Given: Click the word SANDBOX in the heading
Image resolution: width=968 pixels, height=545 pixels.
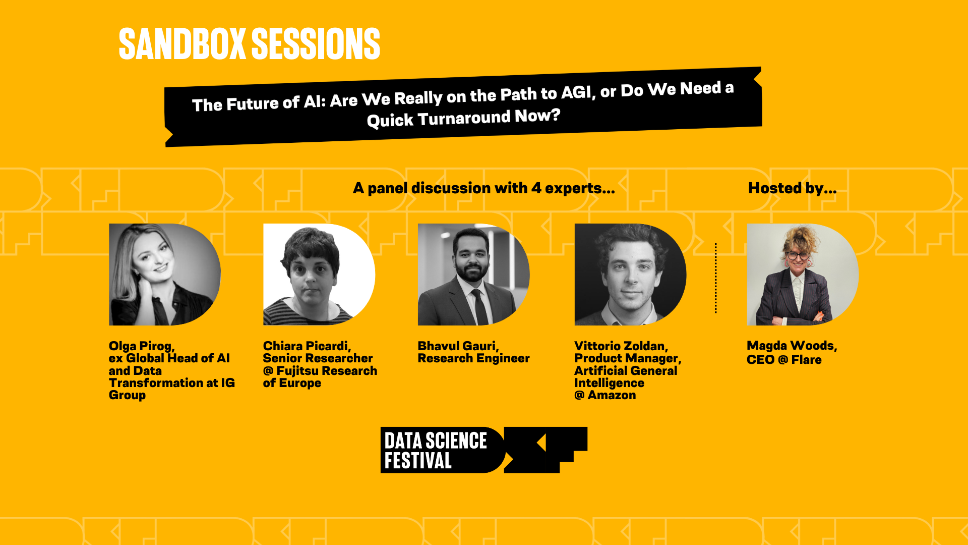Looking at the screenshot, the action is tap(182, 44).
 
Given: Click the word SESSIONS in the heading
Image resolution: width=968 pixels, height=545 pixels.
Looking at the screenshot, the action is tap(316, 44).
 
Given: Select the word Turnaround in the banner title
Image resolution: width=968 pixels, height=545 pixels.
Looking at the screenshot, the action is tap(464, 119).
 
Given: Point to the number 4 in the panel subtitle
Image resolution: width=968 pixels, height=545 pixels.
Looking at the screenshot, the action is tap(536, 188).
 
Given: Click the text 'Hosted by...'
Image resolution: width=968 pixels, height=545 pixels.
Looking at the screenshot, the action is tap(792, 188).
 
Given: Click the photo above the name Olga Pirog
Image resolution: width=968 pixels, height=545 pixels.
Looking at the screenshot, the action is tap(165, 275).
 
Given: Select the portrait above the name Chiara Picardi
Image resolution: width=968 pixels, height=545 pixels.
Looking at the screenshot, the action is tap(319, 275).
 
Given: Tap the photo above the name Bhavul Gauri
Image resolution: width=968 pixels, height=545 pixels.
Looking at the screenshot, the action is tap(474, 275).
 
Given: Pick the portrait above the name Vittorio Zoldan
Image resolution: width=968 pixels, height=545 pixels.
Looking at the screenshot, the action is tap(630, 275).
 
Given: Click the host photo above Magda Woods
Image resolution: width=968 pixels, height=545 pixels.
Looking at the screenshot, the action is tap(803, 275).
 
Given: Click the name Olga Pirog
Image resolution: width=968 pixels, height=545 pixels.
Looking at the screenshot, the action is tap(142, 346).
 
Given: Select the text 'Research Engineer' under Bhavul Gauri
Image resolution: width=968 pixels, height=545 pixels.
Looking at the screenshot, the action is tap(473, 358).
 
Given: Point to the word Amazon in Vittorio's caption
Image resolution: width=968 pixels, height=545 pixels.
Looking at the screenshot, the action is tap(612, 395).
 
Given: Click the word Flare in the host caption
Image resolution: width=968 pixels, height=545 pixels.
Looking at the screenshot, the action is tap(806, 360).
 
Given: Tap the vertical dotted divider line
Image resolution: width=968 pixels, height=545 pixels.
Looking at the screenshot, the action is tap(715, 278).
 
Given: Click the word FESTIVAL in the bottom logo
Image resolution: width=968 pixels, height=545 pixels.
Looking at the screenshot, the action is tap(418, 461).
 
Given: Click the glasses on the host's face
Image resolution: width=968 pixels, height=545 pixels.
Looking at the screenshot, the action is tap(797, 255).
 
